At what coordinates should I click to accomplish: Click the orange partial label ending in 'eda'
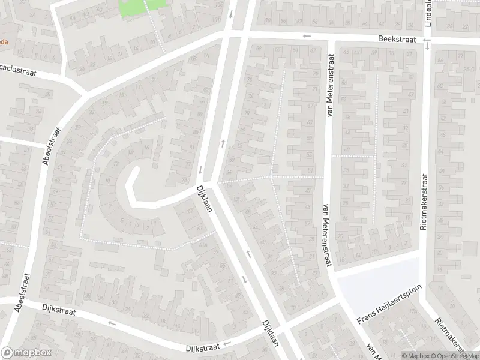tap(4, 43)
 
